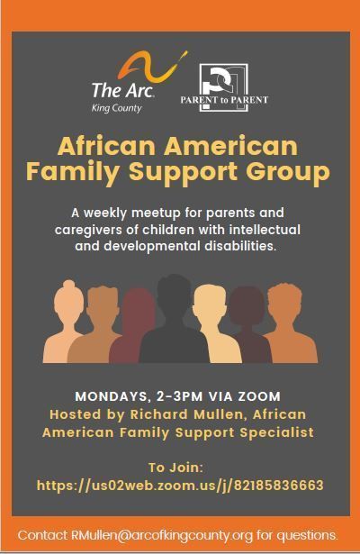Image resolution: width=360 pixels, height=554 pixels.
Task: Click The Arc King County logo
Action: [x=138, y=82]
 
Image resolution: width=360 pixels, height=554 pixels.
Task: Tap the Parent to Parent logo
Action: [x=224, y=88]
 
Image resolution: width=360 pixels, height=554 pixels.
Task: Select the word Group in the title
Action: [x=288, y=172]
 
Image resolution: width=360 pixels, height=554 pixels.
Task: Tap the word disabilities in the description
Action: [x=240, y=246]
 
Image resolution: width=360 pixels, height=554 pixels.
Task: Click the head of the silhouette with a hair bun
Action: [x=68, y=299]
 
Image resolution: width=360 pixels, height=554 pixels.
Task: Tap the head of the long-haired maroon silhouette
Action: [x=139, y=305]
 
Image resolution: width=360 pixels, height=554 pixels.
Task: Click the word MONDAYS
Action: [x=112, y=396]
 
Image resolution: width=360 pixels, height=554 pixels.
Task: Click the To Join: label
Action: [x=175, y=468]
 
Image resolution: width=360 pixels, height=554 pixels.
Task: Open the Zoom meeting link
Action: [x=180, y=486]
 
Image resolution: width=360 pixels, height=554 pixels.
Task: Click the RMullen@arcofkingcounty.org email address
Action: [x=162, y=535]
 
